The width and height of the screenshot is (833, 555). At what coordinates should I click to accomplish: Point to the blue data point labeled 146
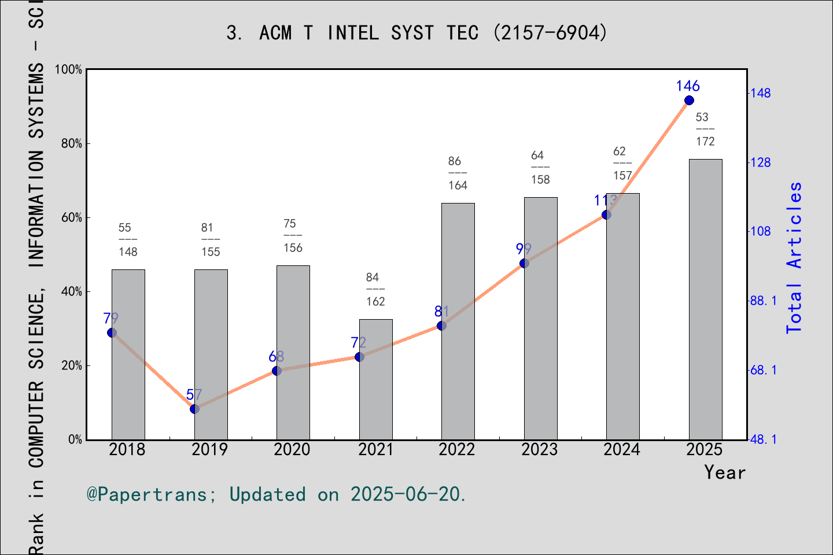pos(689,101)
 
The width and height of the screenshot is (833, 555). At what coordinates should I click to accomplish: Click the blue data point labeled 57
pos(194,409)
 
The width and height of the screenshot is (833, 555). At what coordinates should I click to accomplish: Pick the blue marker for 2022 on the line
pos(441,326)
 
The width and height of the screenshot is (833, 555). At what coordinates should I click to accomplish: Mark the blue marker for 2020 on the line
pos(277,371)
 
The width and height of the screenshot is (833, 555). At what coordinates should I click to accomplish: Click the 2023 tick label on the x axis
pos(539,450)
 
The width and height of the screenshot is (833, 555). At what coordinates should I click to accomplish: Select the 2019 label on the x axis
pos(209,450)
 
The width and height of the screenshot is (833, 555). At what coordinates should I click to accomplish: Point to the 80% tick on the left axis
pos(72,144)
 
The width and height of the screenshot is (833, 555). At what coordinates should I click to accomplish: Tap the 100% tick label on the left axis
pos(68,70)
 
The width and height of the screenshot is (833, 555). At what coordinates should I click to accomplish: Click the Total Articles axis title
pos(794,257)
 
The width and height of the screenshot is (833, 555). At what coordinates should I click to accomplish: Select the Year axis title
pos(724,473)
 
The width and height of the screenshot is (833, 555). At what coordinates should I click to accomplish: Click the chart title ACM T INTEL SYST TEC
pos(417,33)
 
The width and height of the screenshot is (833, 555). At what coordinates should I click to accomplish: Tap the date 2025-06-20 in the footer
pos(407,495)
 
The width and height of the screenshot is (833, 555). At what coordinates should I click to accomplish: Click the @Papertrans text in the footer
pos(147,495)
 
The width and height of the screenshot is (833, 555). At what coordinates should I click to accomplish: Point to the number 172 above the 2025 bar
pos(705,142)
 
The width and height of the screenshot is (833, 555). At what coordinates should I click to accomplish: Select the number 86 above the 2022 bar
pos(455,161)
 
